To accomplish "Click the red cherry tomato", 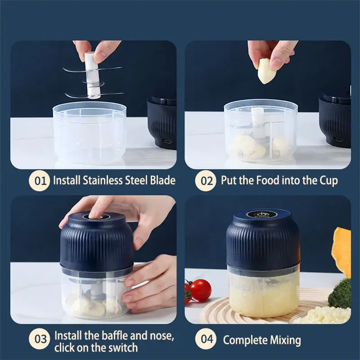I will click(x=200, y=290).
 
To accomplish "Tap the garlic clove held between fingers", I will click(x=266, y=71).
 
